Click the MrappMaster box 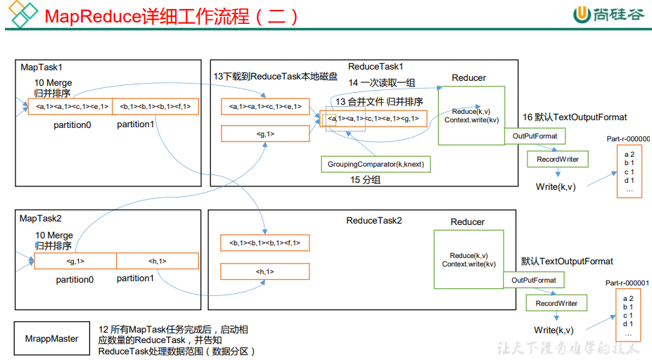pyautogui.click(x=51, y=339)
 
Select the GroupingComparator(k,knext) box pyautogui.click(x=376, y=165)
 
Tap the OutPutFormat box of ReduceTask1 pyautogui.click(x=535, y=136)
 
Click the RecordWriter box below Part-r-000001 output pyautogui.click(x=556, y=304)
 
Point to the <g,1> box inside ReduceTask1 pyautogui.click(x=265, y=134)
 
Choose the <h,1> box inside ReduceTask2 pyautogui.click(x=265, y=271)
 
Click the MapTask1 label pyautogui.click(x=41, y=67)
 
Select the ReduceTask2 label pyautogui.click(x=374, y=221)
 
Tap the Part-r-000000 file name pyautogui.click(x=628, y=139)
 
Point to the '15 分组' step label pyautogui.click(x=366, y=180)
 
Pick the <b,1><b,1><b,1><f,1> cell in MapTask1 pyautogui.click(x=155, y=107)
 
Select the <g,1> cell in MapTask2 pyautogui.click(x=75, y=262)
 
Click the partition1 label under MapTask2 pyautogui.click(x=135, y=278)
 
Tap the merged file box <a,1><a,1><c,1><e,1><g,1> pyautogui.click(x=373, y=119)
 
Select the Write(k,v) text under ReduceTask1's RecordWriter pyautogui.click(x=555, y=186)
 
